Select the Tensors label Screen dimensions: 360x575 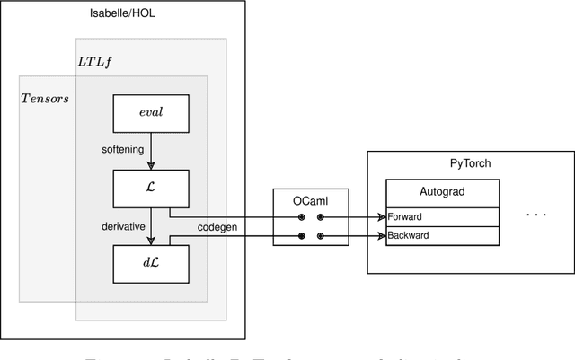tap(45, 97)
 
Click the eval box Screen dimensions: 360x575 tap(150, 113)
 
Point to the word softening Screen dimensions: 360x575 tap(122, 150)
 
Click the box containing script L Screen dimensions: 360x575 tap(150, 189)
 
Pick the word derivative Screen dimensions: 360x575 tap(123, 226)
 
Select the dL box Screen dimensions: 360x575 tap(150, 264)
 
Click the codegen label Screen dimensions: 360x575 tap(217, 227)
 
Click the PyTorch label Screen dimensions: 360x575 tap(470, 164)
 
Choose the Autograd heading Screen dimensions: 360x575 tap(441, 192)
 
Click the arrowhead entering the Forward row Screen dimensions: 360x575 tap(381, 216)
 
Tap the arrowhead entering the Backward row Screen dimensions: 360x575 tap(381, 237)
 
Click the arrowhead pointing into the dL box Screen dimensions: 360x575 tap(150, 241)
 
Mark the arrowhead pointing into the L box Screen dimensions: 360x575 tap(150, 164)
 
